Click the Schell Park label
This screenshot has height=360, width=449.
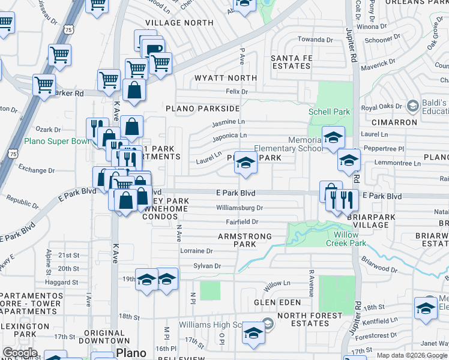pos(329,112)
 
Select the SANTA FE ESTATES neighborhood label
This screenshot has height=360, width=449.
pos(292,62)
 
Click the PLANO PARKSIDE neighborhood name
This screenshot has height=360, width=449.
pos(202,109)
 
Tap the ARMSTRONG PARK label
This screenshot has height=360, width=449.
pos(245,240)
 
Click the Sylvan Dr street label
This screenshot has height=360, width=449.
pos(207,266)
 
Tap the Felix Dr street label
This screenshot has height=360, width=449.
pos(237,92)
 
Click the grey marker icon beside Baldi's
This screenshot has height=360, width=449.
pos(412,106)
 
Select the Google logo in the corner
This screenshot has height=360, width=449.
pos(20,353)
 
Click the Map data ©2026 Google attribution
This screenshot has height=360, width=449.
pos(412,355)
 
